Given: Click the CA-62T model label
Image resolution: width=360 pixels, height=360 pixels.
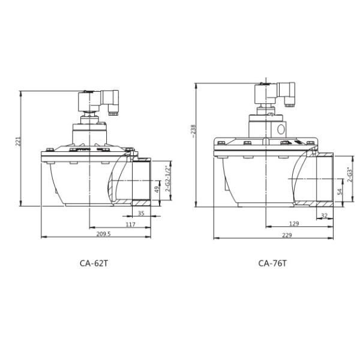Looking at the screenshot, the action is click(94, 263).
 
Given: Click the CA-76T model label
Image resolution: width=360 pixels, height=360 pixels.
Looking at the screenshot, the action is click(272, 263).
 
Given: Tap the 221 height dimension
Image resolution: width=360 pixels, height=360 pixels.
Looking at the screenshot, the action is click(18, 141).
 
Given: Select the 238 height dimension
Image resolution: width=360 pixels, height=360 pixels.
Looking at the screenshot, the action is click(194, 131).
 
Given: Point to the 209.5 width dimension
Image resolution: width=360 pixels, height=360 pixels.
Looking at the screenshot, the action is click(103, 234).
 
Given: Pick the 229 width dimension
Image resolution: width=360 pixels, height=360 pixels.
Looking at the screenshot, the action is click(287, 235).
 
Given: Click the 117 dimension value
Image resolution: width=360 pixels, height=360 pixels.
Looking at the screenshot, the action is click(130, 224).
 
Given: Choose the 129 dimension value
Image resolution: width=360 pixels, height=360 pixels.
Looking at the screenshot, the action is click(294, 223).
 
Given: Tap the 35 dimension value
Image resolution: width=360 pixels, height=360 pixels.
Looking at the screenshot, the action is click(141, 213).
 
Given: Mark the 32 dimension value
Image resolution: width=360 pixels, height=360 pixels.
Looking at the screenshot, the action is click(324, 215).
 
